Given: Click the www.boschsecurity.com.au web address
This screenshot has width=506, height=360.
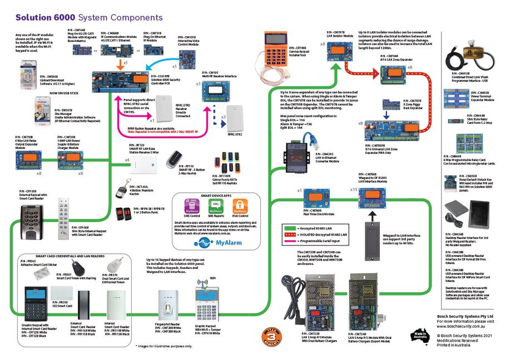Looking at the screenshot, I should click(x=459, y=327).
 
